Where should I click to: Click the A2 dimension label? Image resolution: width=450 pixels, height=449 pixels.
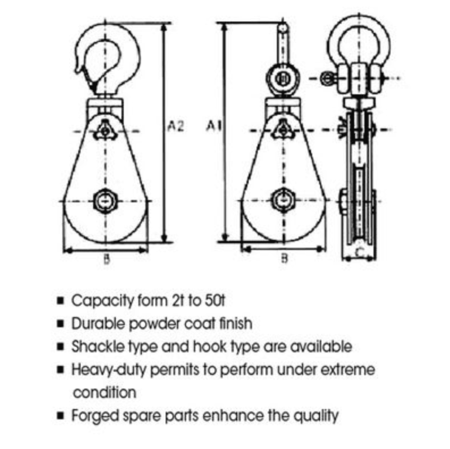[175, 126]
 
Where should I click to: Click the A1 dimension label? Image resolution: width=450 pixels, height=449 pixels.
[214, 126]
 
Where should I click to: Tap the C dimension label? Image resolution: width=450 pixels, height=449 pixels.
[359, 252]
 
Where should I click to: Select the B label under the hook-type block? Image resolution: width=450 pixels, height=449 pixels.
[107, 259]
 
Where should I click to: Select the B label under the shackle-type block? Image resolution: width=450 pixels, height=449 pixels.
[284, 258]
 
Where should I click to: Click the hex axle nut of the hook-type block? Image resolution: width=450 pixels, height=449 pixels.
[105, 201]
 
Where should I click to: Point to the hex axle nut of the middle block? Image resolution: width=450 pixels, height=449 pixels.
[283, 200]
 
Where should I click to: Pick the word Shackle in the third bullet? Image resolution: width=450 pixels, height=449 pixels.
[98, 346]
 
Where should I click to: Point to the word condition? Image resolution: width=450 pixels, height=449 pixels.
[104, 393]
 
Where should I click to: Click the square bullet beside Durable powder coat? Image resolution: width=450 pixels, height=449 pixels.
[60, 323]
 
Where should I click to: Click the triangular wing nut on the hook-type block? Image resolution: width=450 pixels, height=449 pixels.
[106, 131]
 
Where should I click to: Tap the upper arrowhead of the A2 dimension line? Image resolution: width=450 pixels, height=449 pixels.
[164, 28]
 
